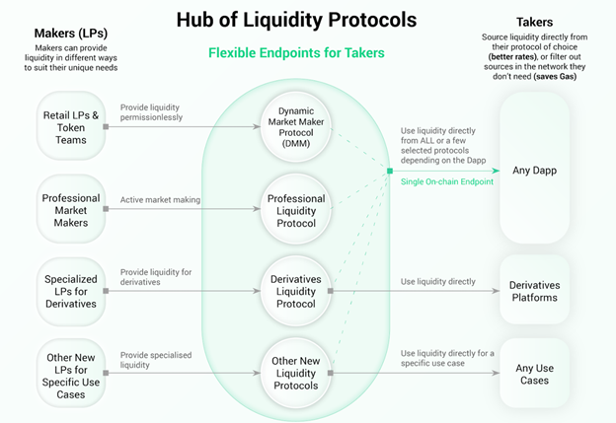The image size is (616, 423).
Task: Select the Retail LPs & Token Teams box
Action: [x=71, y=126]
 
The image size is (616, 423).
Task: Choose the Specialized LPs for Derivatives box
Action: [x=71, y=285]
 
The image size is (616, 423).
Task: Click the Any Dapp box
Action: [x=534, y=171]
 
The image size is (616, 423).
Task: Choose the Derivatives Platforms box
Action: [x=534, y=291]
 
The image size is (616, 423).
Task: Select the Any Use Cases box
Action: [x=534, y=374]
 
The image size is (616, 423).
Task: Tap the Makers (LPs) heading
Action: [x=70, y=34]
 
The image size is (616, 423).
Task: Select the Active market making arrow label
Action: [x=160, y=200]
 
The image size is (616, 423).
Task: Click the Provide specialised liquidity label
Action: [x=155, y=361]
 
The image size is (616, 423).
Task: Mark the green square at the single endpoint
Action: [x=390, y=172]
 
